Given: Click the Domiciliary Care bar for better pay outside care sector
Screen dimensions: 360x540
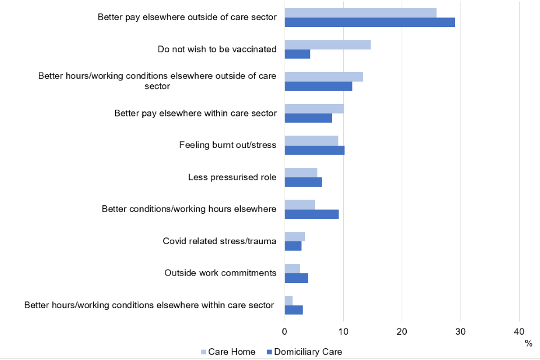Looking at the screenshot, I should [x=370, y=22].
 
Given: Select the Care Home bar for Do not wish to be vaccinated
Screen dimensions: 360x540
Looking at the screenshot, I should [x=327, y=44].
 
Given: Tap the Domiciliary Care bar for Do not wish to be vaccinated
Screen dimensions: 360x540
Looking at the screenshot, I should [x=297, y=55].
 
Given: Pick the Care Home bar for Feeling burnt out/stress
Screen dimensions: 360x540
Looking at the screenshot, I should [x=311, y=141].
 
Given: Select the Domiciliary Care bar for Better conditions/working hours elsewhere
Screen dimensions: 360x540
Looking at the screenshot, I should [x=312, y=214].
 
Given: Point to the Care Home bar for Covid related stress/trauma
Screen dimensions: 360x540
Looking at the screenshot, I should [x=295, y=236].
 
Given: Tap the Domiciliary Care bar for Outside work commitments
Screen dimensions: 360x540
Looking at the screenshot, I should [x=296, y=278].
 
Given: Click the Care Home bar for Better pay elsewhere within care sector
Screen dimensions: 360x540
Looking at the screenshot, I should [x=314, y=109].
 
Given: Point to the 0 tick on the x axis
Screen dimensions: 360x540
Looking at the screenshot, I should [x=285, y=331].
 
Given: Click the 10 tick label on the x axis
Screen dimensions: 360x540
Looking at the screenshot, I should [x=343, y=331].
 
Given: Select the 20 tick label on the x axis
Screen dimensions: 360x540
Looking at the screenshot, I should [x=402, y=331].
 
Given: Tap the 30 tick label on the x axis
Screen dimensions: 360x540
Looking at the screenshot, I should [x=461, y=331].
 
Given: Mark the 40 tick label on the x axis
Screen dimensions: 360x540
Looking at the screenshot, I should [x=519, y=331].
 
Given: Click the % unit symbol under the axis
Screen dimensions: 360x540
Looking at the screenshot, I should [x=528, y=343].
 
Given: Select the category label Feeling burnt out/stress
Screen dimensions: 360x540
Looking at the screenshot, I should [x=228, y=145].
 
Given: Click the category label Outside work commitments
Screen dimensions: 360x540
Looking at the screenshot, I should [x=220, y=273].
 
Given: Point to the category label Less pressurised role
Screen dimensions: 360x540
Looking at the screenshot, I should [x=232, y=177].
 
